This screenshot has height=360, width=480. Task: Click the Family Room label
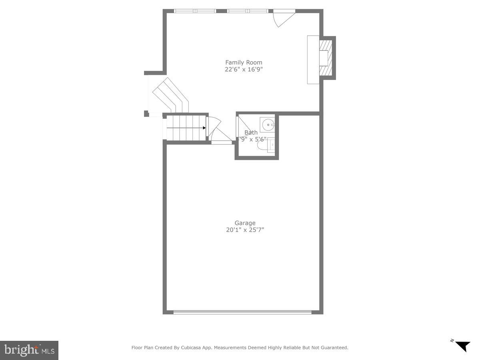click(244, 62)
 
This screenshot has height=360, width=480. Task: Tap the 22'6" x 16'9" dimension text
click(244, 70)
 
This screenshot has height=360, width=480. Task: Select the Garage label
click(245, 223)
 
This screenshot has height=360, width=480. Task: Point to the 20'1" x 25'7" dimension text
click(245, 230)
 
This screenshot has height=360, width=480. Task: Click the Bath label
click(251, 132)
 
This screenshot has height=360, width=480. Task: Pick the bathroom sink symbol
click(268, 125)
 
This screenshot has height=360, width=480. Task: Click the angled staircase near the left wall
click(170, 95)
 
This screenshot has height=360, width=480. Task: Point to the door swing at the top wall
click(283, 18)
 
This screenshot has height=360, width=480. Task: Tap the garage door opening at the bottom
click(242, 312)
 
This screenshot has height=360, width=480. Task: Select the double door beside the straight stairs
click(216, 130)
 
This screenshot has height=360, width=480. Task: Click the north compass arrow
click(463, 346)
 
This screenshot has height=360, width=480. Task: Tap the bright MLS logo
click(29, 350)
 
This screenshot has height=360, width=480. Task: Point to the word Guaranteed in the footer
click(334, 348)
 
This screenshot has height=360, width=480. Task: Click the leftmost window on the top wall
click(185, 11)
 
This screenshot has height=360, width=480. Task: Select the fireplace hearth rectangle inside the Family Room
click(313, 60)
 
